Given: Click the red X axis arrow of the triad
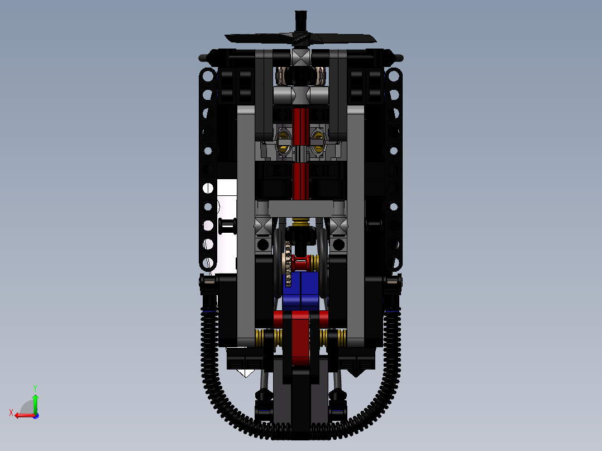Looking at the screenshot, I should click(21, 415).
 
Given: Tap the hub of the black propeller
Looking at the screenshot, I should click(300, 39).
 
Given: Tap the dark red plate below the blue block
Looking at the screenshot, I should click(300, 338).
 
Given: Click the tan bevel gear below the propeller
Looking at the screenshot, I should click(300, 75).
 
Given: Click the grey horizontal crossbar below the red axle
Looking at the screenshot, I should click(300, 208).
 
